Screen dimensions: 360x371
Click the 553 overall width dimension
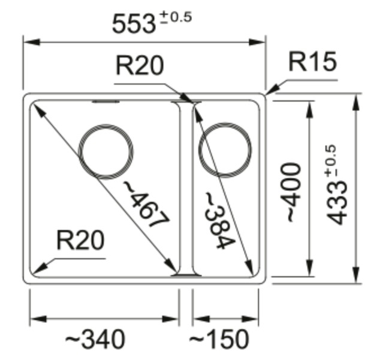coord(134,24)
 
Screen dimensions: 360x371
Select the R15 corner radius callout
coord(312,62)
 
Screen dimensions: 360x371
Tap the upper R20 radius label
coord(139,65)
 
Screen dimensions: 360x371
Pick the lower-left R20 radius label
coord(80,241)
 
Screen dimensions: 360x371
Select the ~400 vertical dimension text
coord(292,191)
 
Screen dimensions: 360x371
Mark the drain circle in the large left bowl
coord(107,152)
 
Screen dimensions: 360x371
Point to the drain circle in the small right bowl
coord(225,150)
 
